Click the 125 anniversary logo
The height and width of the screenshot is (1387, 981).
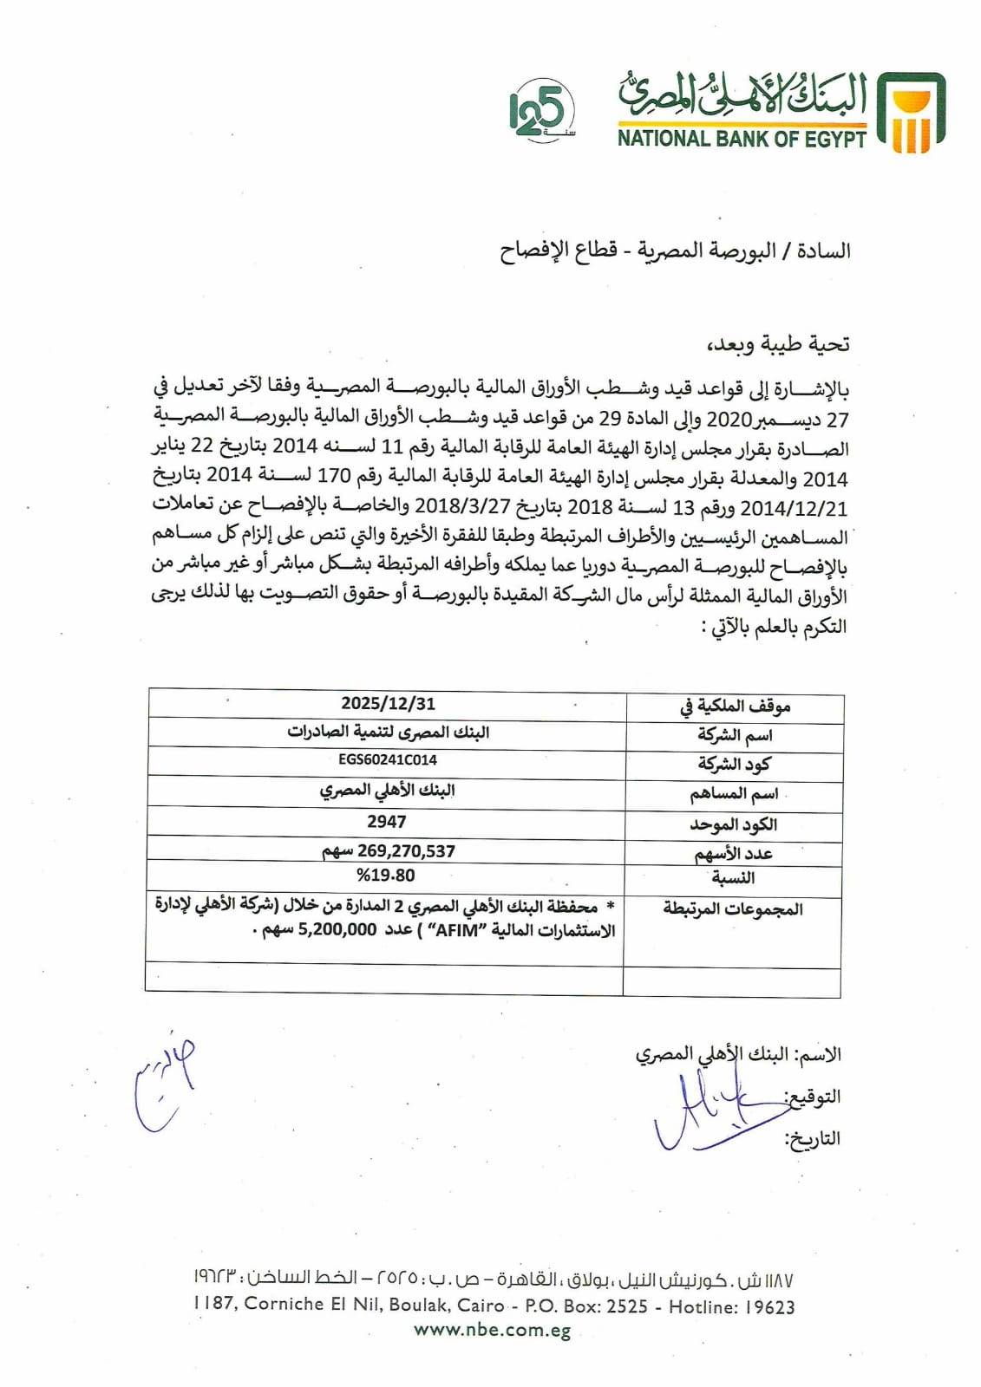coord(540,114)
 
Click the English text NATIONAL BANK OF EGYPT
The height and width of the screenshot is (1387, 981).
coord(742,139)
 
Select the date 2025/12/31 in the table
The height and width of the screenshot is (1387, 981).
coord(388,703)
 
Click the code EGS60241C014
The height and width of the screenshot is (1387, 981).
coord(388,760)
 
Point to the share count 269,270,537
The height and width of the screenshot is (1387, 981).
coord(404,851)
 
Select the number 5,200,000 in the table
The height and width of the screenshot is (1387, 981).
coord(337,930)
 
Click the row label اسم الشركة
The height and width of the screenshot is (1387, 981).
coord(735,736)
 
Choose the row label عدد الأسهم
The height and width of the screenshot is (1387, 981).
coord(733,855)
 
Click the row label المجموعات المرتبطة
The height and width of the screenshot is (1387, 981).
coord(733,909)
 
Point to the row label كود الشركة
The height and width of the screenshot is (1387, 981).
coord(734,765)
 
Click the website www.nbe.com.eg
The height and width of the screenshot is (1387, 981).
coord(492,1330)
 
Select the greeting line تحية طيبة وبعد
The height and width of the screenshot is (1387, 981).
coord(781,344)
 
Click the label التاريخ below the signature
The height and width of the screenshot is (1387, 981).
coord(814,1138)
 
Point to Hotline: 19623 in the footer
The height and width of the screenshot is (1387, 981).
coord(731,1306)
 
